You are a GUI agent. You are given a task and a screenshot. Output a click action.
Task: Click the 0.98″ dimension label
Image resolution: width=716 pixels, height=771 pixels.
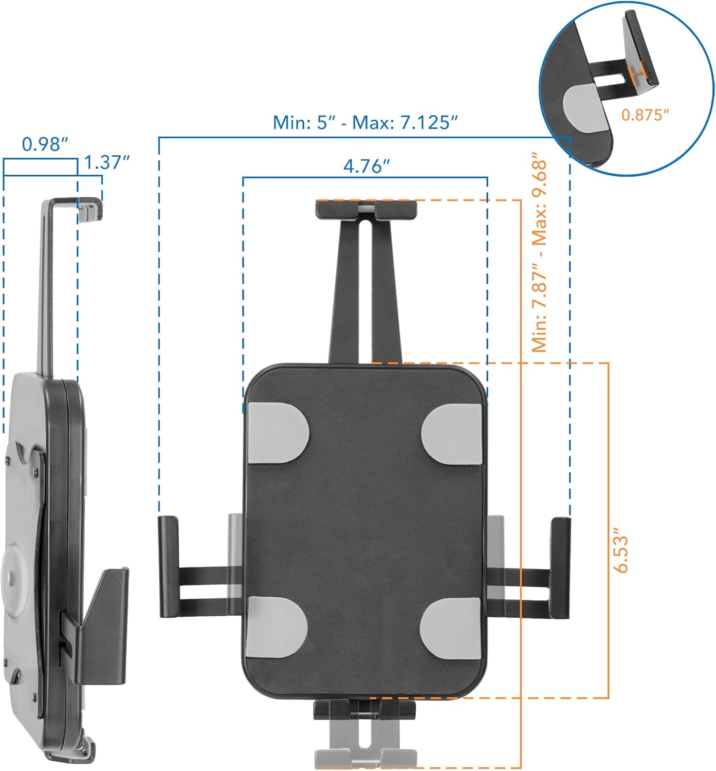pyautogui.click(x=45, y=144)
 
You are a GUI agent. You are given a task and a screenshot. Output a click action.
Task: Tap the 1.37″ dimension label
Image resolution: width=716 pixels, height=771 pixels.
pyautogui.click(x=106, y=162)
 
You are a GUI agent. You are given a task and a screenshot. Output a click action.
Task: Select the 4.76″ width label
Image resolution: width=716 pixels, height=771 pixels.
pyautogui.click(x=366, y=166)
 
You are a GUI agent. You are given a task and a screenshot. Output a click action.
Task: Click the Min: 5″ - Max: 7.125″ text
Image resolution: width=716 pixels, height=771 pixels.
pyautogui.click(x=365, y=123)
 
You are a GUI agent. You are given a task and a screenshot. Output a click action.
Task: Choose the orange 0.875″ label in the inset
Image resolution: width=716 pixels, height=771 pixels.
pyautogui.click(x=645, y=115)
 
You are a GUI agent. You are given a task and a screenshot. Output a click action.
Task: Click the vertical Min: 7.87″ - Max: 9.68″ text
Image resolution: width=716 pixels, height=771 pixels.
pyautogui.click(x=540, y=252)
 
